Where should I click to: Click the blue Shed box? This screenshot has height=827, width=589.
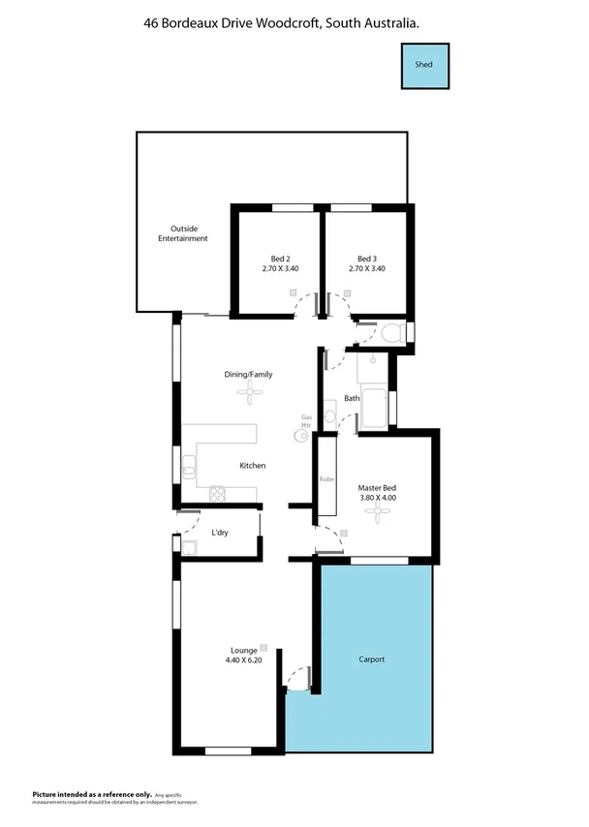coord(424,65)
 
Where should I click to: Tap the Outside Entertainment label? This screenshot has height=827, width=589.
coord(183,233)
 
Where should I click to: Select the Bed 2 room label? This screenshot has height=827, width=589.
coord(281,259)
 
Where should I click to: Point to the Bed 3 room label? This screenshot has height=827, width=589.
coord(366,259)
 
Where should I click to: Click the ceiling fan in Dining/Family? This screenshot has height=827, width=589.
coord(253,391)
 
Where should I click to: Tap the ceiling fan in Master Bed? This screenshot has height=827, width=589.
coord(371,515)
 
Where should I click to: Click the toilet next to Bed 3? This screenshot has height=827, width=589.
coord(391,334)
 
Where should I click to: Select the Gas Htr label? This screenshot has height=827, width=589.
coord(306,421)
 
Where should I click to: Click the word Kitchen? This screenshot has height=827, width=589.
coord(253,466)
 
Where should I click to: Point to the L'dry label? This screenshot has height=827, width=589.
coord(220,534)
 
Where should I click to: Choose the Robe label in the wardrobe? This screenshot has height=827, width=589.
coord(326,479)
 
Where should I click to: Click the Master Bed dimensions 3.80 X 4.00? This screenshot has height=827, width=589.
coord(377,498)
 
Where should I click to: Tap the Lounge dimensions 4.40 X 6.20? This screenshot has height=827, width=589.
coord(243,661)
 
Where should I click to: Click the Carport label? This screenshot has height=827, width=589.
coord(371,659)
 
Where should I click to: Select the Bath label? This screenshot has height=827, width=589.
coord(351,398)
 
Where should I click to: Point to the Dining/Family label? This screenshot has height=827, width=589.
coord(249,374)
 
